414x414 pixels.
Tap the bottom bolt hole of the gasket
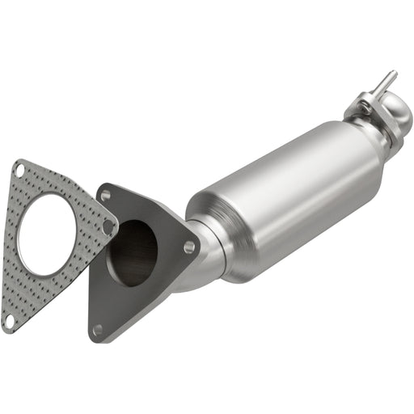(9, 320)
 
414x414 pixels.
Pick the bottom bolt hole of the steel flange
(98, 329)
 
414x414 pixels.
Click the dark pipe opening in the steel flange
(133, 252)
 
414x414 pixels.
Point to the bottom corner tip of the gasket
(6, 327)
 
